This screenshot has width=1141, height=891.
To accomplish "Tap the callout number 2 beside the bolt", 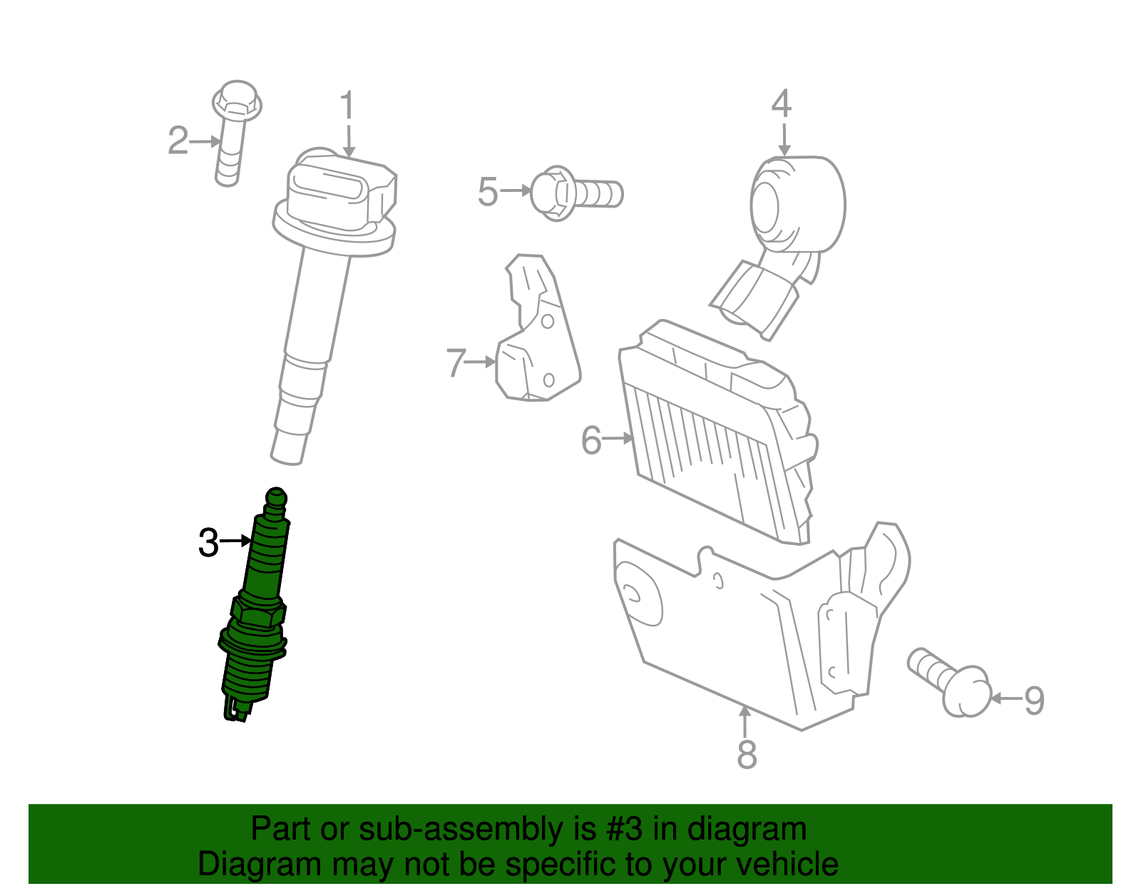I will click(x=178, y=141).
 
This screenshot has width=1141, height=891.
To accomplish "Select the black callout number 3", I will click(x=208, y=543).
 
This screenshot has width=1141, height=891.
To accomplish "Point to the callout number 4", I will click(x=782, y=104).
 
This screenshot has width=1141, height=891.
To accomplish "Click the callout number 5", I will click(x=488, y=192).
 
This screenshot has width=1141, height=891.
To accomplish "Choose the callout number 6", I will click(x=591, y=440).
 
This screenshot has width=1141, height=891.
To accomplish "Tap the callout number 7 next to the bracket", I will click(x=456, y=362).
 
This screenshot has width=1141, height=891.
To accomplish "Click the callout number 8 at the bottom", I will click(x=746, y=755).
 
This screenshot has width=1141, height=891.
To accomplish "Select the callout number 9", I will click(x=1034, y=701).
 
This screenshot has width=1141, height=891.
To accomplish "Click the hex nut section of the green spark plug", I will click(x=258, y=611).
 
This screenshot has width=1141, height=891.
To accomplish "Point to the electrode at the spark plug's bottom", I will click(x=236, y=711).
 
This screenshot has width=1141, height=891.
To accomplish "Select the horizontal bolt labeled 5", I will click(x=576, y=193).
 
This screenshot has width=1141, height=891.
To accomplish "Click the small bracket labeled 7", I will click(x=536, y=335).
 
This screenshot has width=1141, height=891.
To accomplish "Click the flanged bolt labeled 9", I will click(x=952, y=681).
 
